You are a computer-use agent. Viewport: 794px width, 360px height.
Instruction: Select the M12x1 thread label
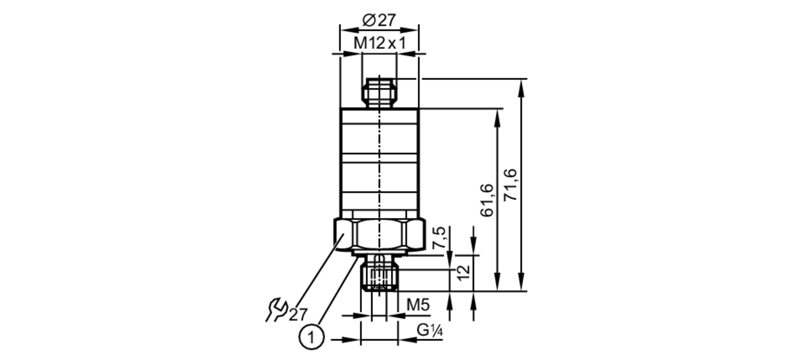click(x=380, y=43)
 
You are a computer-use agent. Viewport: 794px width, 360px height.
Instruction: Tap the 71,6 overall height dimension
click(x=511, y=185)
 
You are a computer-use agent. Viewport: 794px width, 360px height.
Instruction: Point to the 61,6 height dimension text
click(x=487, y=200)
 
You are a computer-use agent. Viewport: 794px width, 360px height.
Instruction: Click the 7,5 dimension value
click(x=439, y=238)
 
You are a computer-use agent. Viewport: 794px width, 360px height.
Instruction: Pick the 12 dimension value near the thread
click(x=463, y=273)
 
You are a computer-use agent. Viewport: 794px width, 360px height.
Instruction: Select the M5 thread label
click(x=418, y=305)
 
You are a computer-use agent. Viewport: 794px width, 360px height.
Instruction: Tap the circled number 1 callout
click(x=312, y=337)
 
